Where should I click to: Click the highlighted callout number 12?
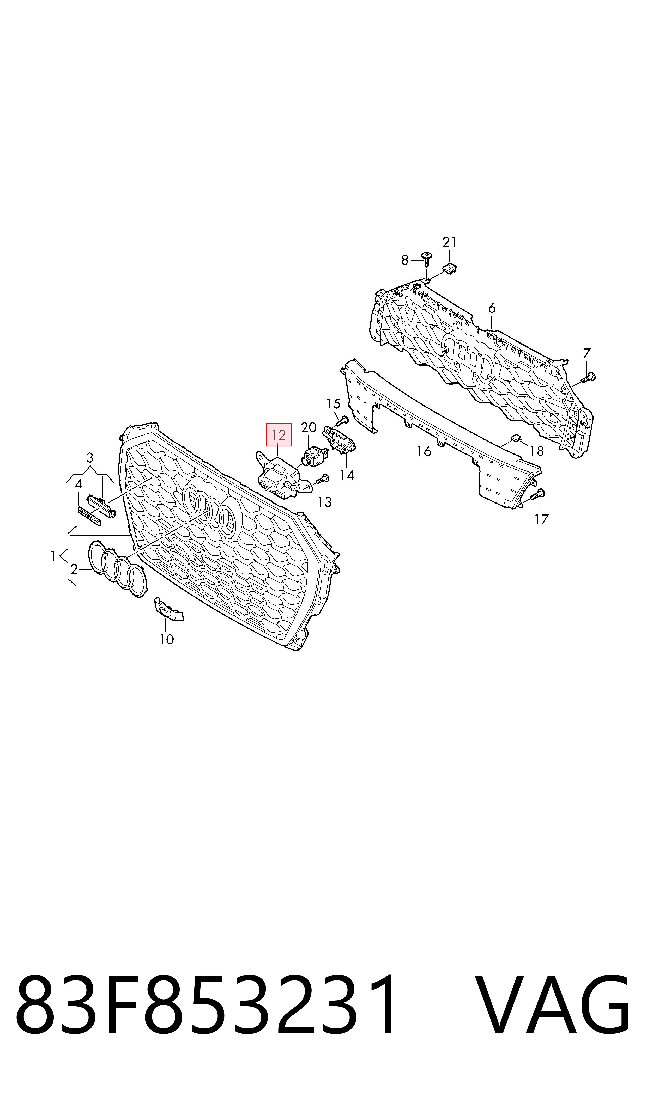pyautogui.click(x=279, y=435)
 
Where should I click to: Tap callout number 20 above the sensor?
pyautogui.click(x=309, y=427)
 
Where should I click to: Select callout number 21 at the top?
pyautogui.click(x=450, y=242)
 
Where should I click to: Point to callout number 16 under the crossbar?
pyautogui.click(x=424, y=451)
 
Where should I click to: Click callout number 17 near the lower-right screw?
pyautogui.click(x=541, y=519)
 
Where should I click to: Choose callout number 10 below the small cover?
pyautogui.click(x=167, y=640)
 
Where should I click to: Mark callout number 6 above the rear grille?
pyautogui.click(x=492, y=308)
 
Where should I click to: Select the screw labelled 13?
pyautogui.click(x=321, y=479)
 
